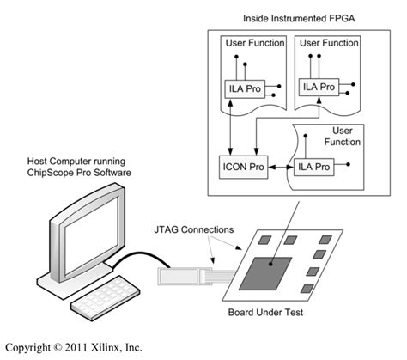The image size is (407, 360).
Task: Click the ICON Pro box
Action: (x=243, y=163)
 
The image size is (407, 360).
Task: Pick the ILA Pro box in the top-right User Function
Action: (x=318, y=86)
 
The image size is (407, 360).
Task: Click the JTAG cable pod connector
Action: (x=180, y=276)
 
